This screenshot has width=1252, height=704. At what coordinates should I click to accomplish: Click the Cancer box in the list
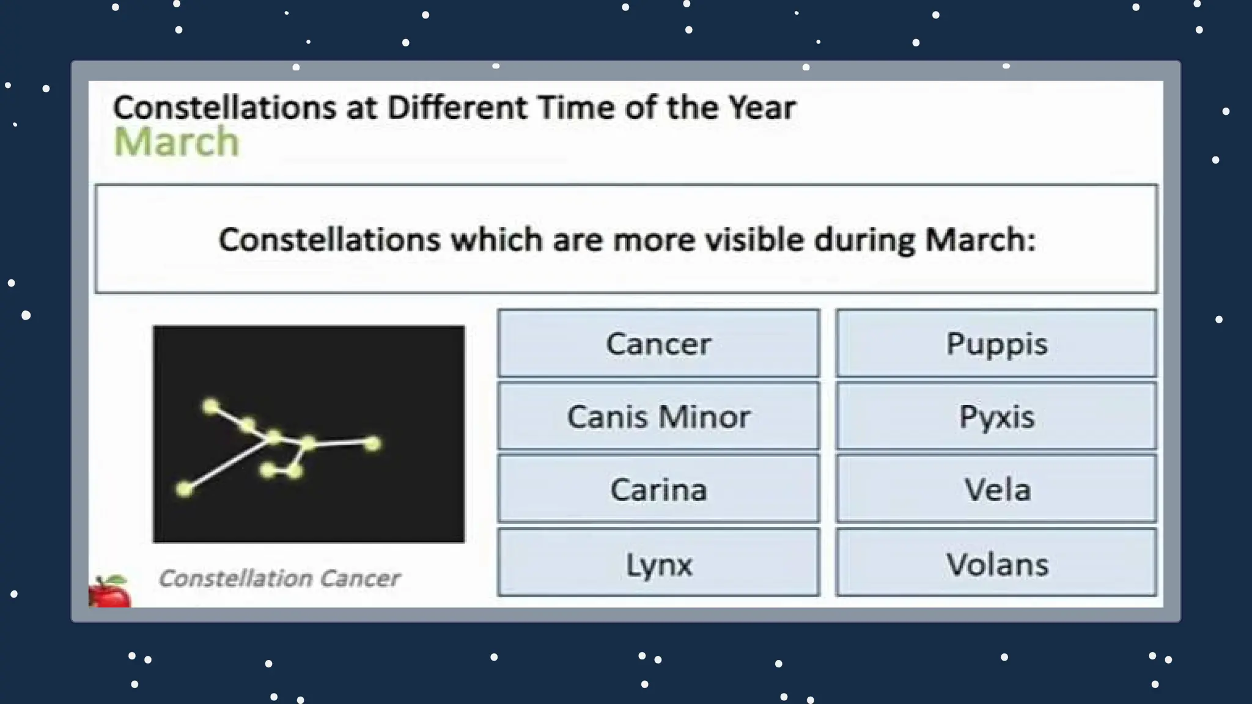(x=658, y=343)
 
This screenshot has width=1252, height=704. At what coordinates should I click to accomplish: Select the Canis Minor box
(x=658, y=417)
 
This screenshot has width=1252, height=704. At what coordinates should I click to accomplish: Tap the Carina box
(x=658, y=490)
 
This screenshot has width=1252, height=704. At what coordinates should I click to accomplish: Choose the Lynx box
(x=658, y=563)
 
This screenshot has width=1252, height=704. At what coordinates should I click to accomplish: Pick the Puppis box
(x=996, y=343)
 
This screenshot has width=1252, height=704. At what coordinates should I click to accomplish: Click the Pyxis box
(x=996, y=417)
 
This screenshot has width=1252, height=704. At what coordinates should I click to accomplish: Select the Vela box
(x=996, y=490)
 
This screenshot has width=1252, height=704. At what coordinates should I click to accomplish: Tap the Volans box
(x=996, y=563)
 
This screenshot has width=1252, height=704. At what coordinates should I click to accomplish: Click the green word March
(x=176, y=142)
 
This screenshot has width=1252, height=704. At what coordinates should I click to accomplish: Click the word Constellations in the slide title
(x=224, y=108)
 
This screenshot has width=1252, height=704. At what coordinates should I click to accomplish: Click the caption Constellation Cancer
(x=279, y=577)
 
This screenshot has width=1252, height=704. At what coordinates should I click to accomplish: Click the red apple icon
(x=110, y=592)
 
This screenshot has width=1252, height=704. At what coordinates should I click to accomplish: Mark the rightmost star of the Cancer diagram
(x=372, y=444)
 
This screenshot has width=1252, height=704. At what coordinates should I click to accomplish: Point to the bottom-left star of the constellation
(x=185, y=489)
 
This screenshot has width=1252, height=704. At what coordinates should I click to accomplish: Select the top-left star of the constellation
(x=210, y=406)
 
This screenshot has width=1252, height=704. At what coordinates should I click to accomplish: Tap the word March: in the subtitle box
(x=980, y=239)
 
